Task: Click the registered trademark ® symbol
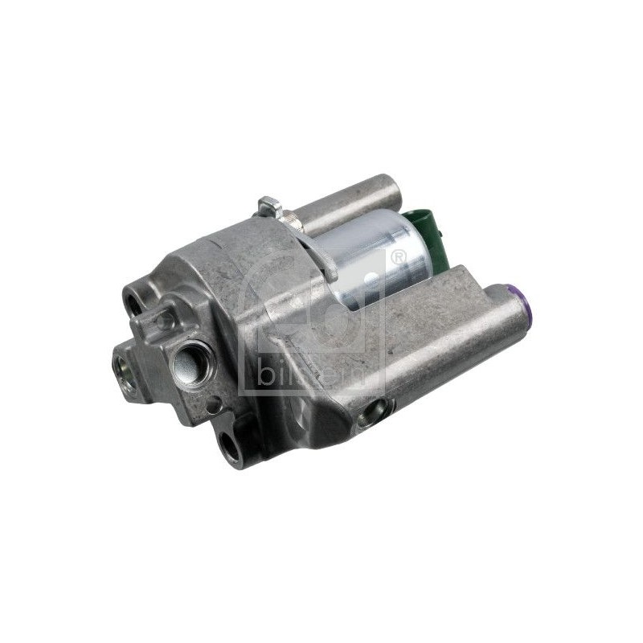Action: pos(397,257)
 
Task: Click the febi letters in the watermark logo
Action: pos(321,305)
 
